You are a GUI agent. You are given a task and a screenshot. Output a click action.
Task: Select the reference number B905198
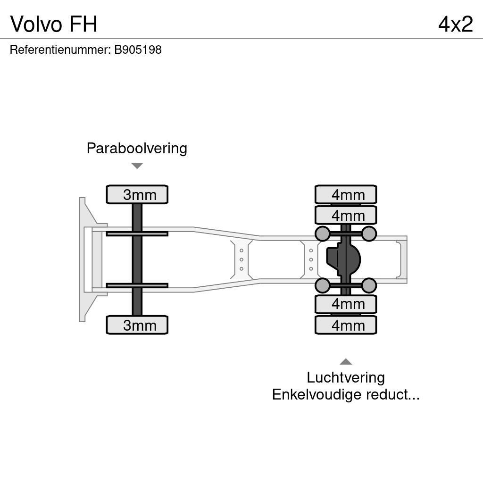pos(137,50)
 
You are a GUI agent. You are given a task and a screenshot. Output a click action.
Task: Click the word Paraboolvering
pos(137,148)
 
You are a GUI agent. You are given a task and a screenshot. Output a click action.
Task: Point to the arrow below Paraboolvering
pos(137,166)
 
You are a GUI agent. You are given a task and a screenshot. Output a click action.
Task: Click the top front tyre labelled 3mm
pos(137,194)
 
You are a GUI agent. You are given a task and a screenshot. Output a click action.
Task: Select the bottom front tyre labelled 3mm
pos(137,325)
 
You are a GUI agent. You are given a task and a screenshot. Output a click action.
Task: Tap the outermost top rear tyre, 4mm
pos(346,194)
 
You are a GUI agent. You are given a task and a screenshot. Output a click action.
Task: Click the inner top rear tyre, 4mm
pos(346,215)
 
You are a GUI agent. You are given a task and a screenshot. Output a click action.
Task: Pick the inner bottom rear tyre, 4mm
pos(346,304)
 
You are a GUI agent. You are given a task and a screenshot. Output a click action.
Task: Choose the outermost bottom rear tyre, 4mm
pos(346,325)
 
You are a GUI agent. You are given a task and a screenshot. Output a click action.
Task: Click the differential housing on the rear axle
pos(344,259)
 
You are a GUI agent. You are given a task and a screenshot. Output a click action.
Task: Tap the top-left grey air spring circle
pos(322,233)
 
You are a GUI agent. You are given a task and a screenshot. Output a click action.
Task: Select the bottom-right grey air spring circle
pos(369,285)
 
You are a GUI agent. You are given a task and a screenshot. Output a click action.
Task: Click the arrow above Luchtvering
pos(346,362)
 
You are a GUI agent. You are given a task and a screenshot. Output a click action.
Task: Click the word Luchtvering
pos(346,377)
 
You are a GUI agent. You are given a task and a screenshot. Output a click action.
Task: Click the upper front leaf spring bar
pos(137,233)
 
